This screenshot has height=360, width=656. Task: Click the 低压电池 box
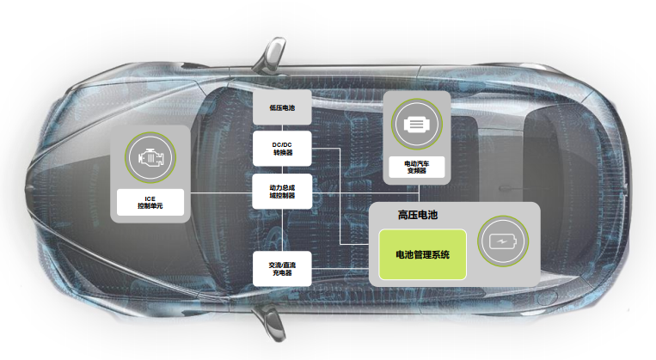tap(282, 107)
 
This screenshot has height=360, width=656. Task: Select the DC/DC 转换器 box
tap(282, 149)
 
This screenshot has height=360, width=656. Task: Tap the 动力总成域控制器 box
tap(282, 192)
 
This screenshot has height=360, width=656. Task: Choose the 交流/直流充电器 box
tap(282, 269)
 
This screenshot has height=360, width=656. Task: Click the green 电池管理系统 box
tap(422, 254)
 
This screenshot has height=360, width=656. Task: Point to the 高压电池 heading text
tap(418, 215)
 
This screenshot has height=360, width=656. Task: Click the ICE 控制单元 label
tap(150, 203)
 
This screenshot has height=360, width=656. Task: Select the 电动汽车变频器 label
tap(417, 167)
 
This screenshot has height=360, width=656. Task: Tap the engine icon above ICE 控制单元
tap(150, 157)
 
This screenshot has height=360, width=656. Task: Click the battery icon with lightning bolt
tap(503, 241)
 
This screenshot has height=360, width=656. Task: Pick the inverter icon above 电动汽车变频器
tap(417, 125)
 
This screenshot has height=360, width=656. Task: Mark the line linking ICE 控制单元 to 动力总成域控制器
tap(222, 193)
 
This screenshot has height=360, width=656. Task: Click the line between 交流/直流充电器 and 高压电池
tap(340, 268)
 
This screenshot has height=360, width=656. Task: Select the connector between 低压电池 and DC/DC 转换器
tap(282, 128)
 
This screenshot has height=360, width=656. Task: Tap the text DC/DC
tap(282, 144)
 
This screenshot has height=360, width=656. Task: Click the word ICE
tap(150, 199)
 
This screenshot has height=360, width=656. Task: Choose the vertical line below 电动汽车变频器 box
tap(419, 193)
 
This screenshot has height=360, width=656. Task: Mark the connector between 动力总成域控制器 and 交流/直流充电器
tap(282, 230)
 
